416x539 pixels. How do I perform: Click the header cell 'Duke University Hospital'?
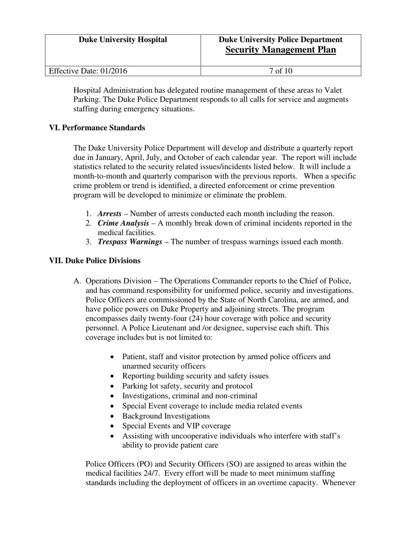(x=123, y=40)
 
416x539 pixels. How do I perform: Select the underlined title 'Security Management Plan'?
(x=280, y=50)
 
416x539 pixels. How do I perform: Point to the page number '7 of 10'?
(x=280, y=71)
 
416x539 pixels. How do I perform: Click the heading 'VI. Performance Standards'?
(x=97, y=128)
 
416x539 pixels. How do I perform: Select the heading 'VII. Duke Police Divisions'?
(x=95, y=261)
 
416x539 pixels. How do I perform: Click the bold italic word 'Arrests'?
(x=109, y=214)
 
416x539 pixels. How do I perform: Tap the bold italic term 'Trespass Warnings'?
(x=130, y=241)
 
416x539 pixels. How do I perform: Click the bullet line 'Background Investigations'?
(x=166, y=416)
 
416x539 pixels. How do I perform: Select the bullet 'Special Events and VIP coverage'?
(x=176, y=426)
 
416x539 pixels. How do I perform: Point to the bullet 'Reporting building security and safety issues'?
(x=195, y=376)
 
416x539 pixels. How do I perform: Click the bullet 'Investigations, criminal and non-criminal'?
(x=190, y=396)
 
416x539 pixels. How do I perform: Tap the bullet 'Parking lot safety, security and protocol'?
(x=187, y=386)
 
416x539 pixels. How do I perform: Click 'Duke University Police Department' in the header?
(x=280, y=40)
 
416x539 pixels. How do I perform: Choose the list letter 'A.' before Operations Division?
(x=78, y=281)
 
